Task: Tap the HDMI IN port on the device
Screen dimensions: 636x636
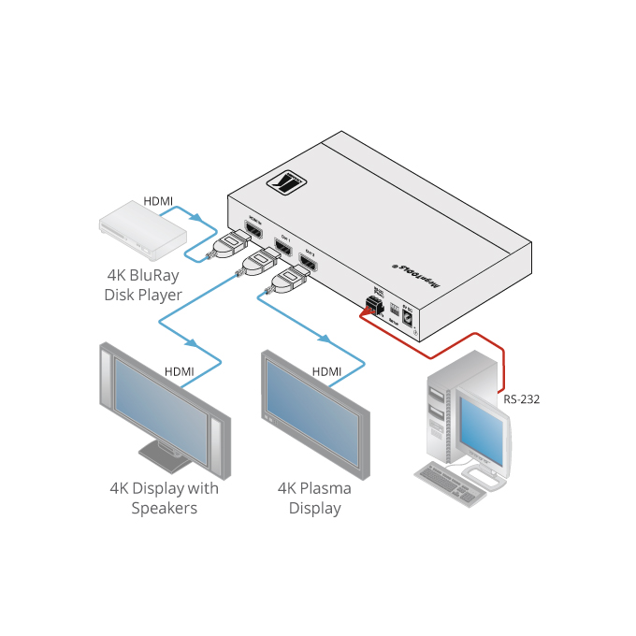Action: (x=253, y=230)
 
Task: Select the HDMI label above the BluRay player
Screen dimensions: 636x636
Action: (x=158, y=201)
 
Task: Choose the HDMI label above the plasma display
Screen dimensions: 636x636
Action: (x=327, y=371)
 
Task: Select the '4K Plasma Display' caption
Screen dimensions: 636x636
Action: (x=314, y=499)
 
